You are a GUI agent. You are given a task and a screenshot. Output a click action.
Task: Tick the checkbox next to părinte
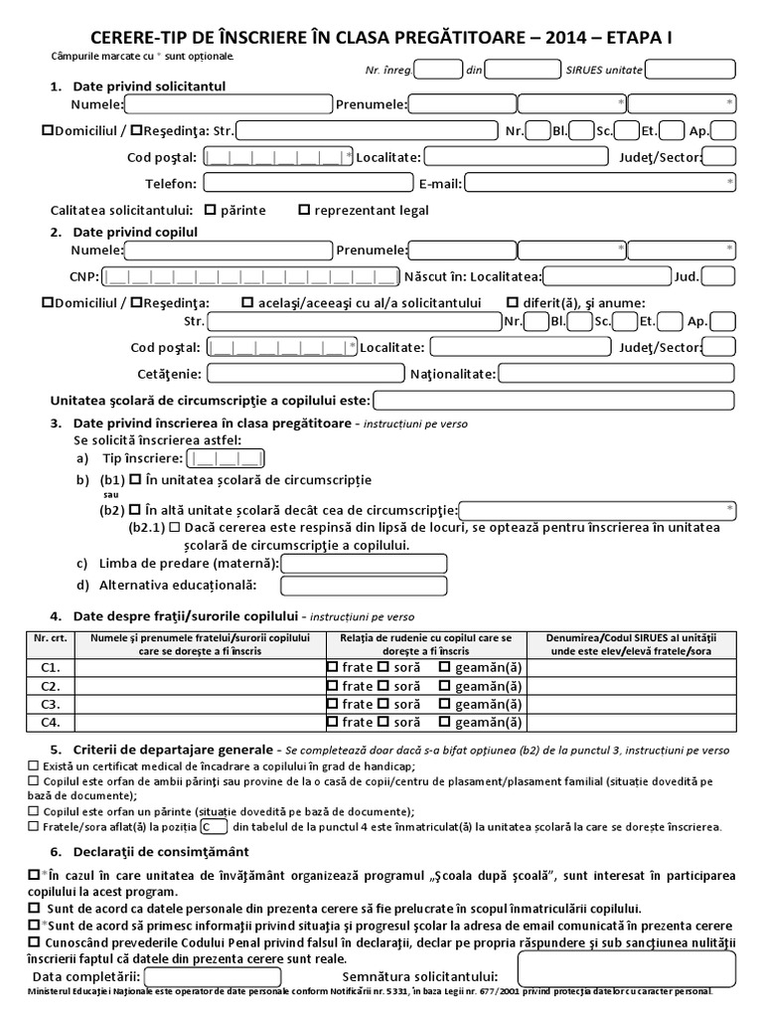tap(210, 210)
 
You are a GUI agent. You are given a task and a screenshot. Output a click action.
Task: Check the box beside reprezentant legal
tap(304, 210)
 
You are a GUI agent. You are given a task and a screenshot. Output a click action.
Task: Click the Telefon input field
tap(307, 183)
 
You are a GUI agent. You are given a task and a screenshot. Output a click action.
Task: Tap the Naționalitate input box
tap(616, 374)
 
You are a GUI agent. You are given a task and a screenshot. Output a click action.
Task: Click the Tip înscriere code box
tap(227, 458)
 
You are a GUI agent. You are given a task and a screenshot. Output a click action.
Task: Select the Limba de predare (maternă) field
tap(364, 563)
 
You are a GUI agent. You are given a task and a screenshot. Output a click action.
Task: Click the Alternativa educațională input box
tap(364, 586)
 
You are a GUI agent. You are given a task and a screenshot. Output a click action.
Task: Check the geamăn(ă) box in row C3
tap(444, 704)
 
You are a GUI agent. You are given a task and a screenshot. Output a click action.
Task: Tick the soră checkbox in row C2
tap(382, 686)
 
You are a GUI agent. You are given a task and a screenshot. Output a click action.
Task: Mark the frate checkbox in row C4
tap(332, 722)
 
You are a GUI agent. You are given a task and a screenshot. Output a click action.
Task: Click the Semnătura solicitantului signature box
tap(626, 968)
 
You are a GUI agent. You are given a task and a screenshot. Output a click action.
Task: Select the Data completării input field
tap(213, 977)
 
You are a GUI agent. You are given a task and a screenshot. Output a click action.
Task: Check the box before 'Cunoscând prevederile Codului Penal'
tap(35, 940)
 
